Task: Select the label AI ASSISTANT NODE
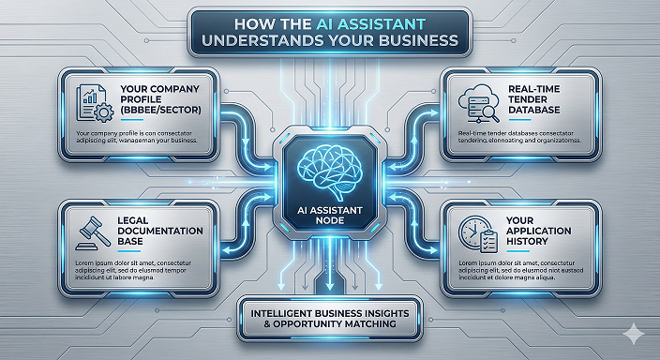coord(330,216)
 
